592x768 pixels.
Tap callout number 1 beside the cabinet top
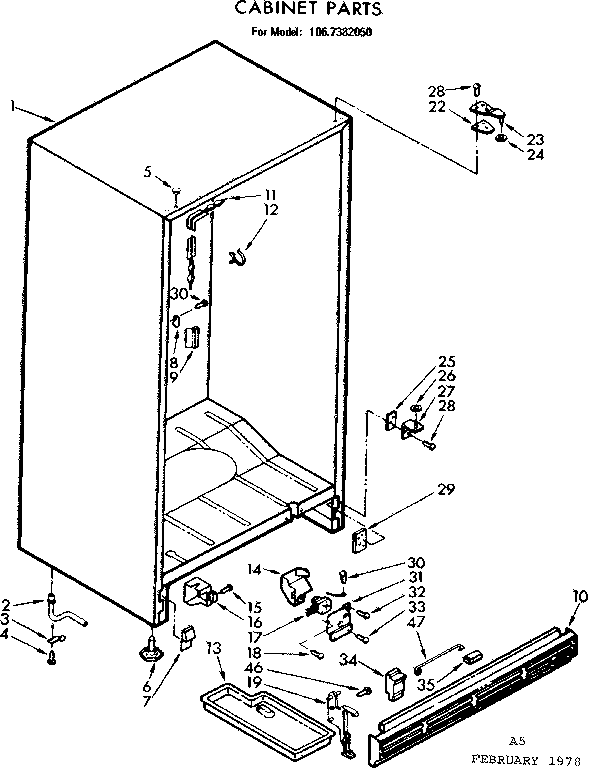coord(9,104)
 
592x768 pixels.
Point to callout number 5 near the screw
coord(148,171)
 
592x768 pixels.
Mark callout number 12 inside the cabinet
coord(271,210)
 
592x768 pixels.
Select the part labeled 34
coord(394,682)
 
